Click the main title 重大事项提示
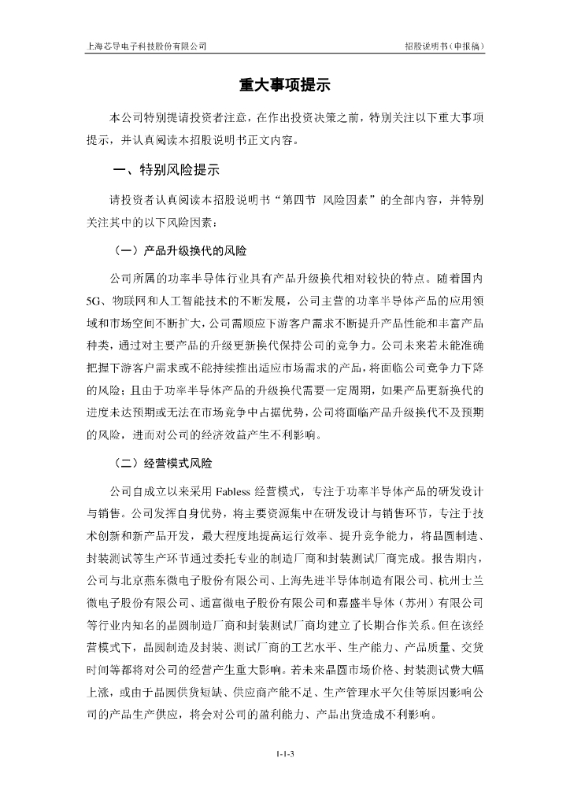284,85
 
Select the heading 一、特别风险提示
165,169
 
